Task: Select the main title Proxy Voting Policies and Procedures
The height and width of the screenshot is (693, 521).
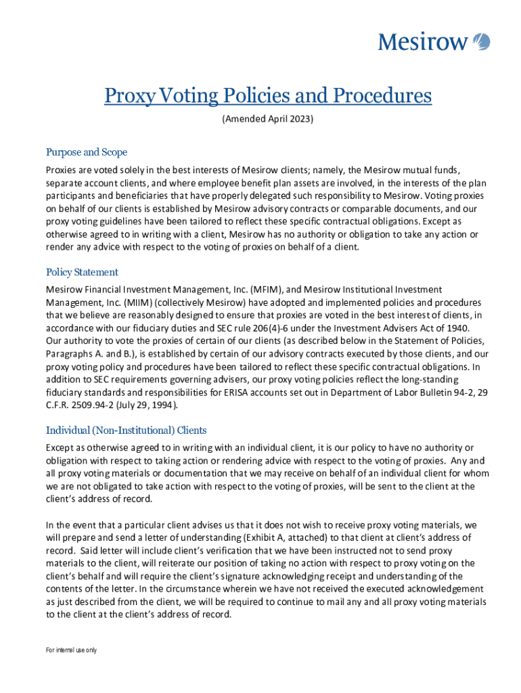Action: [268, 96]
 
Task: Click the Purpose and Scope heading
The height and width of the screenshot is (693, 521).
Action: [87, 152]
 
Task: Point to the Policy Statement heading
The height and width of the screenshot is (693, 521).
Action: [82, 272]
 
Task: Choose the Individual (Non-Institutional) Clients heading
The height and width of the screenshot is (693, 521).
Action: [126, 430]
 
